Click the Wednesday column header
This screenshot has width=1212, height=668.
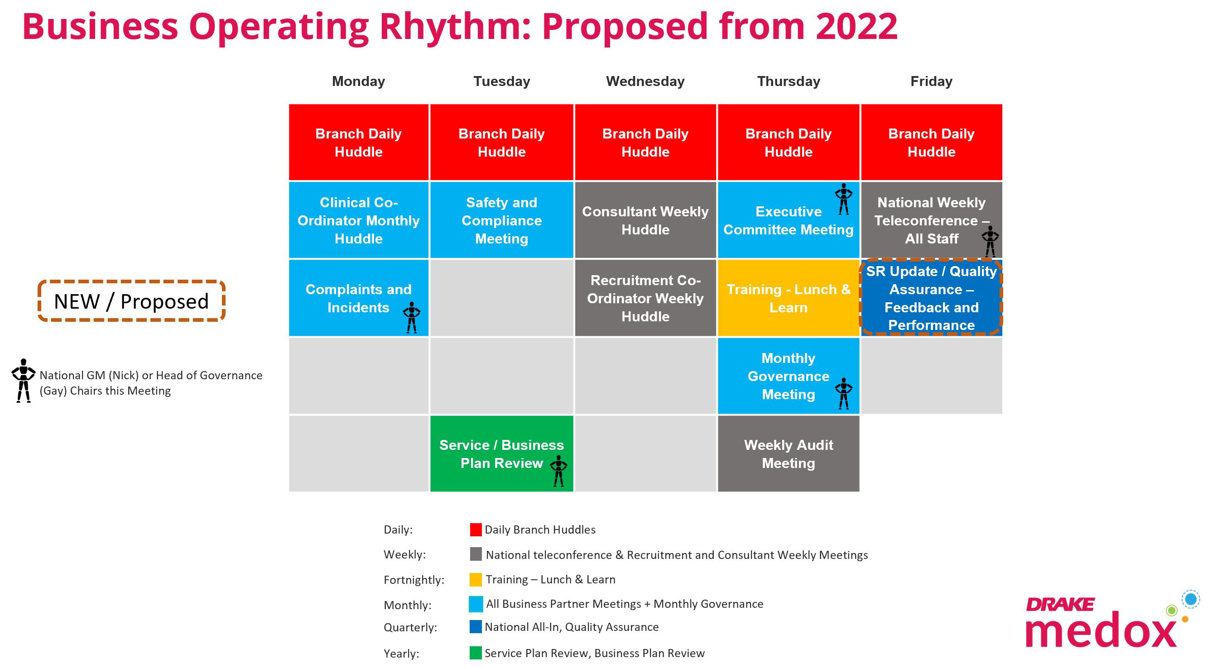(x=645, y=81)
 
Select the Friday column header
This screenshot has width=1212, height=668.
(x=931, y=81)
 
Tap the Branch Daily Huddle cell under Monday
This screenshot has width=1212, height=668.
(x=359, y=143)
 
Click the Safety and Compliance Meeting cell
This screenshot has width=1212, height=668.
(x=501, y=220)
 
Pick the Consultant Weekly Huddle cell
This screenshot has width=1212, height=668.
(x=645, y=220)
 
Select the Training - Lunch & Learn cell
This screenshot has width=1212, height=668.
(x=789, y=298)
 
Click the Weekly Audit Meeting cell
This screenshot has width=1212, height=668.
(x=789, y=453)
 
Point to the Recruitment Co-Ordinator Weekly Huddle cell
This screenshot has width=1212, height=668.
(x=645, y=298)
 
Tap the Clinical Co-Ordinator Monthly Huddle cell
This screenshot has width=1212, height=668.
(x=359, y=220)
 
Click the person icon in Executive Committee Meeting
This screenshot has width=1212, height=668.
(x=844, y=199)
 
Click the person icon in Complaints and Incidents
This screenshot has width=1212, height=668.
(x=412, y=318)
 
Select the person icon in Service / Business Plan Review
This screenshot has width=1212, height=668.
(x=558, y=471)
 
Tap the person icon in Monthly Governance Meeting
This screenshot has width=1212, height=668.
(x=844, y=393)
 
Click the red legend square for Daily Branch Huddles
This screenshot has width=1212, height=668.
(x=476, y=530)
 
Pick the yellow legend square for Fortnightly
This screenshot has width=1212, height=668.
(x=476, y=580)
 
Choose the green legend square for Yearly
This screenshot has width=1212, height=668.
(x=476, y=653)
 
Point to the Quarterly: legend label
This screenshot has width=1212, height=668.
(x=410, y=628)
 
